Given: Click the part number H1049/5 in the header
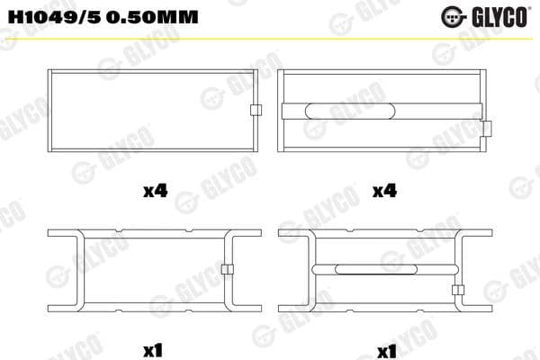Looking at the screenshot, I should tap(55, 17).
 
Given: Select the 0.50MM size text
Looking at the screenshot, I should tap(153, 17).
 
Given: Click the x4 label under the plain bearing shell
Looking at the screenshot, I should tap(155, 190).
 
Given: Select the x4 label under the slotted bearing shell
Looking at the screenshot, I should tap(384, 190).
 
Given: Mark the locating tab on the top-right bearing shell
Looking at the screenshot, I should tap(487, 130).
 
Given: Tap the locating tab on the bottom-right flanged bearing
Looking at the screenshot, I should tap(457, 290).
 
